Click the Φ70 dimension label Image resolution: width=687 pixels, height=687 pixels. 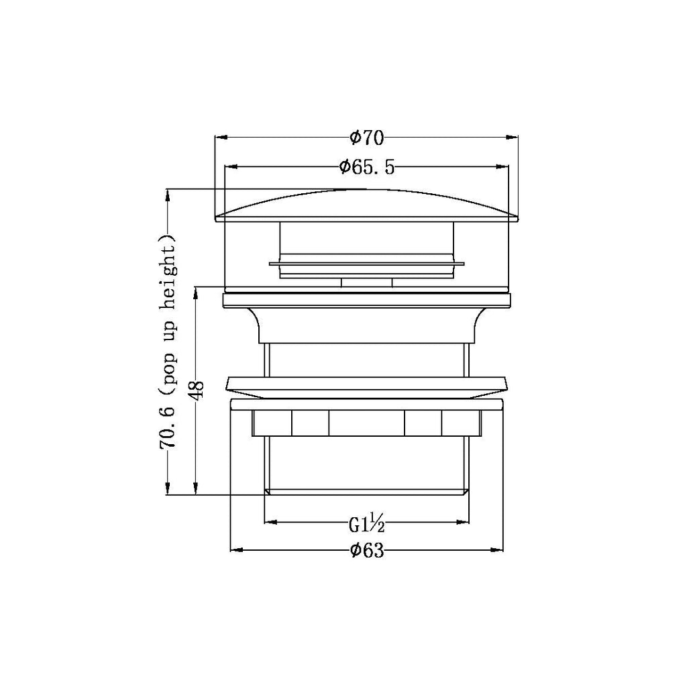pos(367,138)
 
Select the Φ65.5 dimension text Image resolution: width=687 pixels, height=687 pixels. pos(367,167)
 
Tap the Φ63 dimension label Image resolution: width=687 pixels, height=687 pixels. pos(367,550)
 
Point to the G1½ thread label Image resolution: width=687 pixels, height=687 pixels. pos(367,523)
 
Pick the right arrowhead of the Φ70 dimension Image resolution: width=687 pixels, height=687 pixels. pos(512,138)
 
